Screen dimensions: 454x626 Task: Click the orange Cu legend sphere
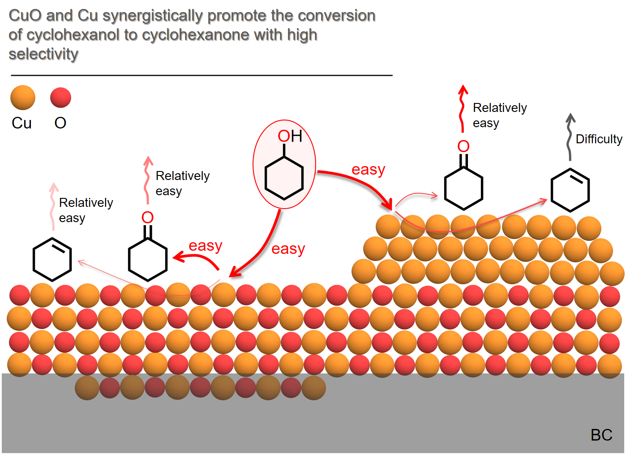pyautogui.click(x=23, y=98)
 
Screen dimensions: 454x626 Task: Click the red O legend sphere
pyautogui.click(x=60, y=98)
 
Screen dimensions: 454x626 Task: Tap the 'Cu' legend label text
pyautogui.click(x=21, y=123)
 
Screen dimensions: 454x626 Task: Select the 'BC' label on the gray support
pyautogui.click(x=601, y=435)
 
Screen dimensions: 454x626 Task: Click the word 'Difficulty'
pyautogui.click(x=599, y=139)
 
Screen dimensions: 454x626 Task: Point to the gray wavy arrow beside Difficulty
pyautogui.click(x=570, y=137)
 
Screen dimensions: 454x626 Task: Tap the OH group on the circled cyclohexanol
pyautogui.click(x=290, y=136)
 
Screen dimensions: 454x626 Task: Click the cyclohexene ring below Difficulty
pyautogui.click(x=570, y=190)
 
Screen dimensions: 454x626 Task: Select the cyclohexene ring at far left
pyautogui.click(x=52, y=259)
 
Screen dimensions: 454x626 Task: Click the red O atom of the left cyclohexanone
pyautogui.click(x=147, y=218)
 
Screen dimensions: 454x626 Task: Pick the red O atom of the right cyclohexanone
pyautogui.click(x=463, y=146)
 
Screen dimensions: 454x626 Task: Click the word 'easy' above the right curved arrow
pyautogui.click(x=368, y=170)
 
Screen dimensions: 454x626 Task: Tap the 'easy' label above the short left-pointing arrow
pyautogui.click(x=205, y=246)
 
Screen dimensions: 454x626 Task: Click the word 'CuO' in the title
pyautogui.click(x=25, y=16)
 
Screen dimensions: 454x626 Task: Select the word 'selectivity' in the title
pyautogui.click(x=43, y=54)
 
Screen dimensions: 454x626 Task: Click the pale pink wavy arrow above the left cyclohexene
pyautogui.click(x=53, y=206)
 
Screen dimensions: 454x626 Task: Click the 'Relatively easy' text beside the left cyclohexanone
pyautogui.click(x=182, y=183)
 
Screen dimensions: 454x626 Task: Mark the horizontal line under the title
pyautogui.click(x=202, y=75)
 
